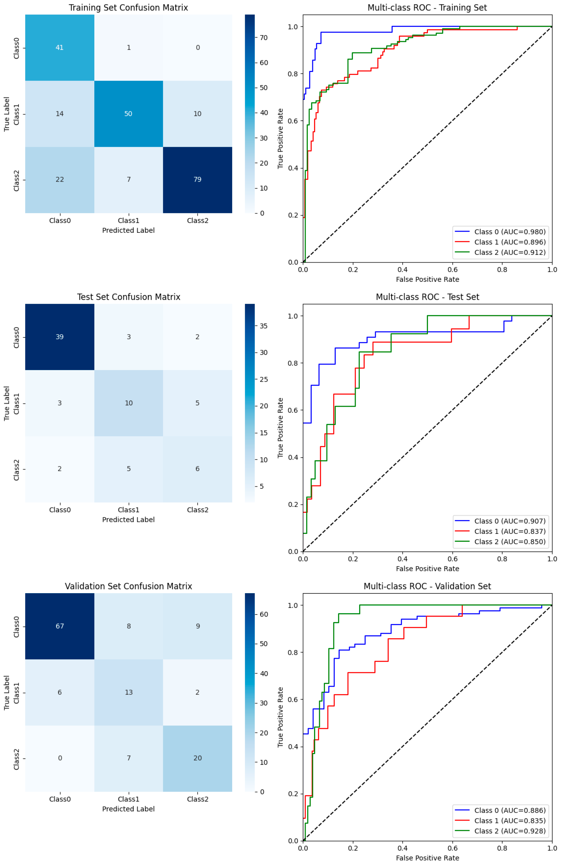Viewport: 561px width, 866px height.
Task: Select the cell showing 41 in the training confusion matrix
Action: coord(59,48)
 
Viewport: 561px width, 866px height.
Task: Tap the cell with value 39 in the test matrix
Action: coord(59,337)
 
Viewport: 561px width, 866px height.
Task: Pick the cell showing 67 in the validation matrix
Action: coord(59,626)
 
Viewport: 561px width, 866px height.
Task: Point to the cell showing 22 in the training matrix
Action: coord(59,179)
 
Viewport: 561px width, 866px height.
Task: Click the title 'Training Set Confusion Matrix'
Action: coord(128,8)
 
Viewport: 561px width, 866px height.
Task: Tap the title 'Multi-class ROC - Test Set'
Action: coord(427,297)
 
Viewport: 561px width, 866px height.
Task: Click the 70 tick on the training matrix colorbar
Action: coord(264,37)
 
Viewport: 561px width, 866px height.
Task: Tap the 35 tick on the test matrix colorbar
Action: coord(264,326)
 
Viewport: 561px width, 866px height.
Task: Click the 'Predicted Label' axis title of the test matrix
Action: coord(128,520)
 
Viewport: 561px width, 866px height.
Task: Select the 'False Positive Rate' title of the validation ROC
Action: coord(427,858)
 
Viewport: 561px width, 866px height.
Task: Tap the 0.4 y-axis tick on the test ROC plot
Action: coord(292,457)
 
